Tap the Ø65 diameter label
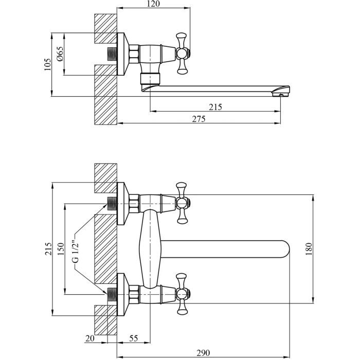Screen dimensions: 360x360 pos(60,54)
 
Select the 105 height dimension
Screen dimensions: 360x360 pos(47,64)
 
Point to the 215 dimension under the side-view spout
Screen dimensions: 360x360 pos(215,107)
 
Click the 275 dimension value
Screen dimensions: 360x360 pos(199,119)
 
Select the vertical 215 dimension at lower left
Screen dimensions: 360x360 pos(47,249)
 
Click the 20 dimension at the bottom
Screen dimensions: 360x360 pos(90,338)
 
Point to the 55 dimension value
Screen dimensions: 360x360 pos(133,338)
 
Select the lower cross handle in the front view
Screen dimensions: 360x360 pos(182,294)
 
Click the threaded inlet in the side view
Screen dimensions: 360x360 pos(111,53)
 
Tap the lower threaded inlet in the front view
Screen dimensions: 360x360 pos(111,294)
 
